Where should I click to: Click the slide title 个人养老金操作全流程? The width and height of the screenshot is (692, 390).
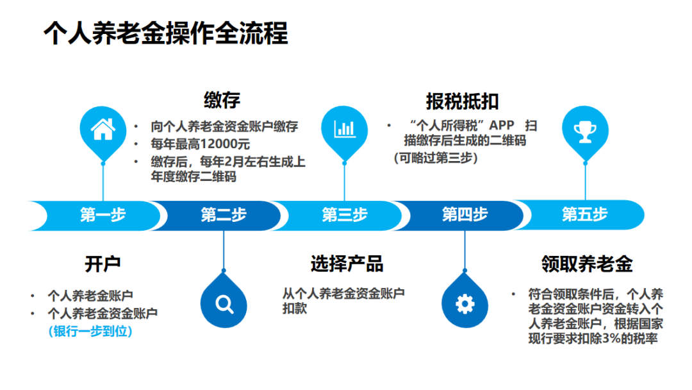point(165,33)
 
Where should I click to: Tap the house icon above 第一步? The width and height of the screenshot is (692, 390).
point(103,130)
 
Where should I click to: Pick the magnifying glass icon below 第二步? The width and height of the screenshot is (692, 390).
point(224,303)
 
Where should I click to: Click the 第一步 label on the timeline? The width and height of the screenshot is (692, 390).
point(103,215)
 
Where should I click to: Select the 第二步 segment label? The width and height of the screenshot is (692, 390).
point(223,215)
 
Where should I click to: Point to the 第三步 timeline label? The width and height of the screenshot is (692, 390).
point(345,215)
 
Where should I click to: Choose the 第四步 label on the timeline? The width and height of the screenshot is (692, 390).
point(465,215)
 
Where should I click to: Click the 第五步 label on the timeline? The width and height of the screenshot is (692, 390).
point(584,215)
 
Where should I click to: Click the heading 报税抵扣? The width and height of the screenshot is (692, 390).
point(462,101)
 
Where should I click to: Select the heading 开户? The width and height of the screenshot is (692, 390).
point(103,263)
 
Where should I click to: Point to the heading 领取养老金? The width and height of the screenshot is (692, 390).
point(586,264)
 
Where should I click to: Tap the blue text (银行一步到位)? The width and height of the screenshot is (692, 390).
point(90,332)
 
